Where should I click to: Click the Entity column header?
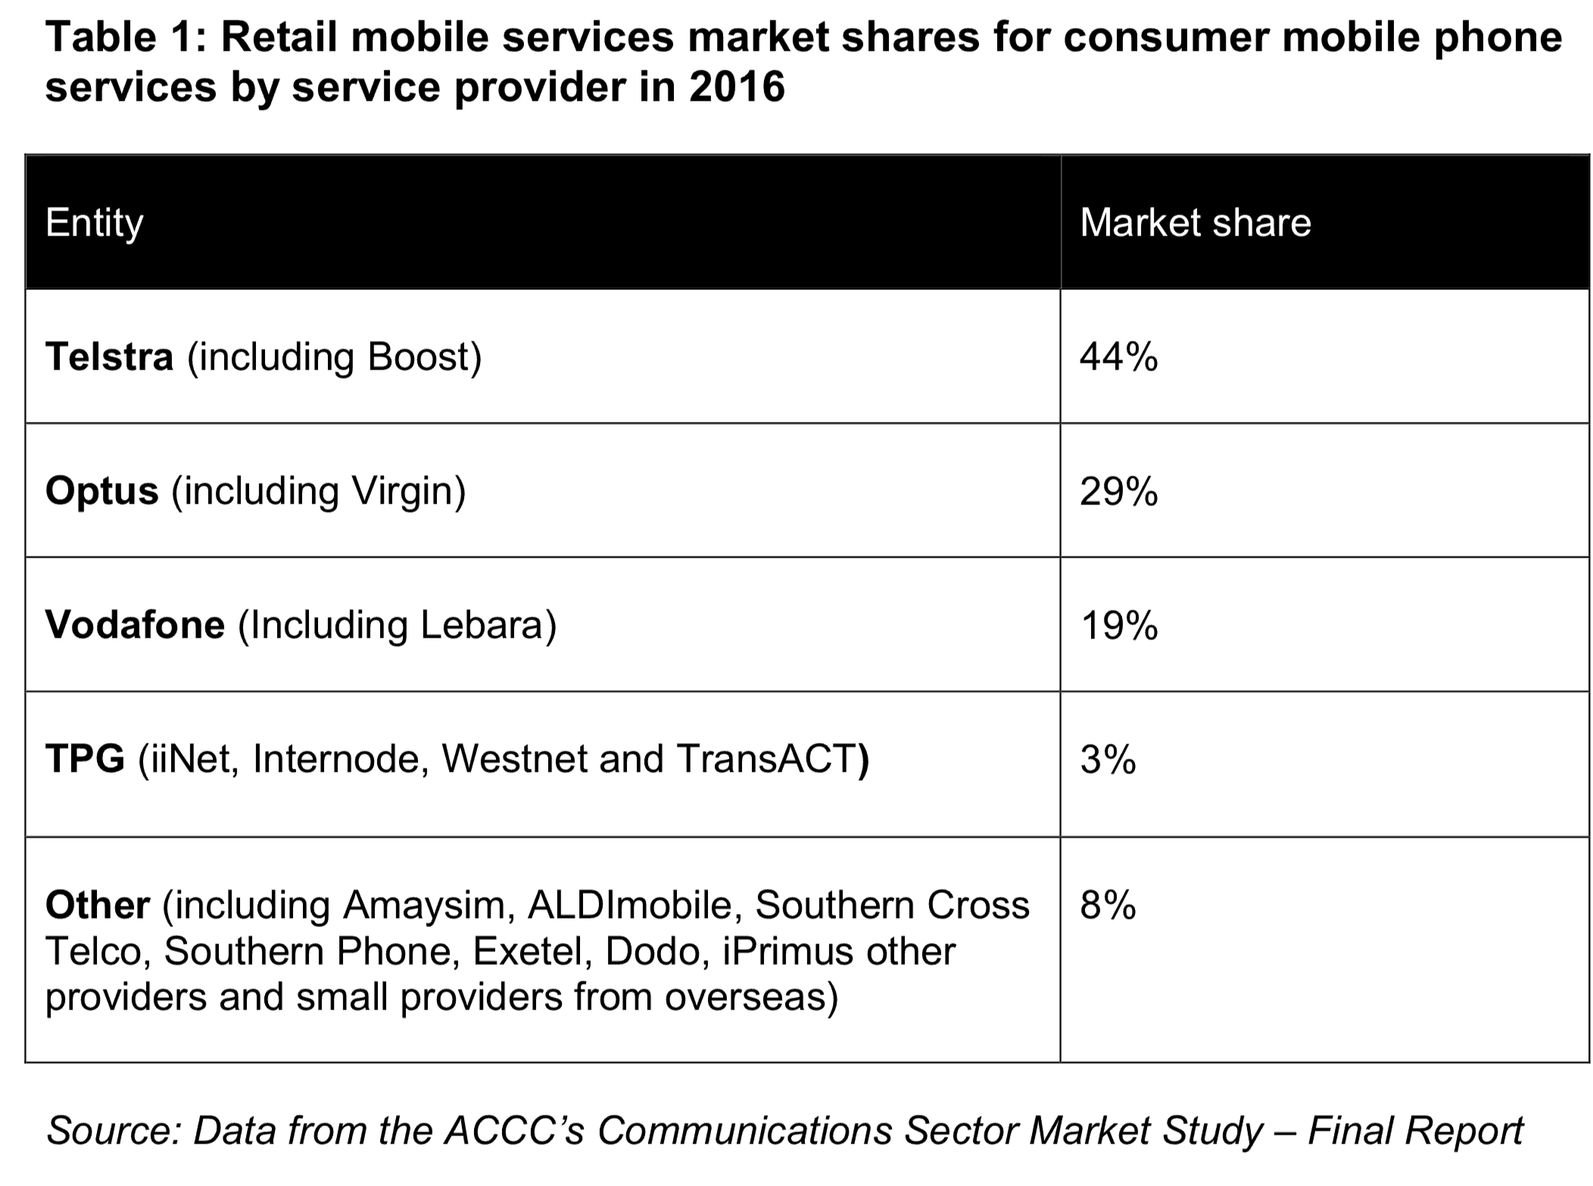click(x=94, y=223)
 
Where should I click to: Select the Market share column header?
click(x=1195, y=223)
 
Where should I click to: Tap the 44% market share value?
click(x=1118, y=357)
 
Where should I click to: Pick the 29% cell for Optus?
click(x=1118, y=492)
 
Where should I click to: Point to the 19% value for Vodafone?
click(x=1118, y=626)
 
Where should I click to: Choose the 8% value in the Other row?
click(x=1108, y=905)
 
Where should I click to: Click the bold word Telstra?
click(x=110, y=357)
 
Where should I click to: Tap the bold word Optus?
click(x=102, y=491)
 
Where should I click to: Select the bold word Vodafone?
click(x=135, y=626)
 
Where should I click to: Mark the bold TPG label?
click(x=85, y=759)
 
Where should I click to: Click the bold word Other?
click(x=98, y=905)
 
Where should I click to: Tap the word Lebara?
click(x=482, y=626)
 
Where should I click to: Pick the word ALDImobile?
click(x=630, y=905)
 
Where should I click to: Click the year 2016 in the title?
click(x=737, y=86)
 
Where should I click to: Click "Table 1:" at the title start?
click(x=125, y=36)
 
